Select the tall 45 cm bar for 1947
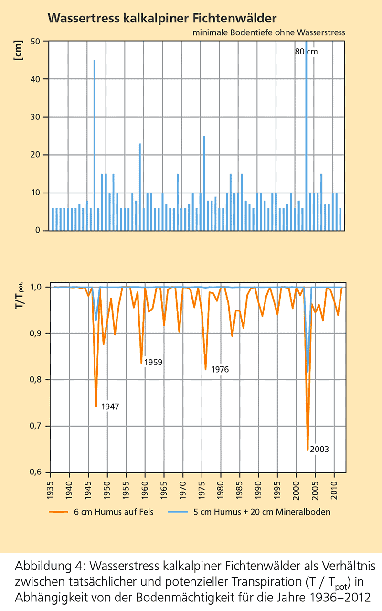[x=95, y=143]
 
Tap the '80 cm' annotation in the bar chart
[x=306, y=52]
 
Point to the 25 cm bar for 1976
[x=204, y=182]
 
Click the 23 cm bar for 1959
[x=140, y=186]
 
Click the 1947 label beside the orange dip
[x=110, y=407]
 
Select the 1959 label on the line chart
[x=153, y=362]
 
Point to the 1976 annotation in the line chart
[x=220, y=369]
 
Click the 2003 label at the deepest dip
[x=319, y=449]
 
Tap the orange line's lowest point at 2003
[x=308, y=450]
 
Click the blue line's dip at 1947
[x=96, y=320]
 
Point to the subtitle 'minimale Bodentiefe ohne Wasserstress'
[x=269, y=32]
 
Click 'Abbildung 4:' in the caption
[x=42, y=567]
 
